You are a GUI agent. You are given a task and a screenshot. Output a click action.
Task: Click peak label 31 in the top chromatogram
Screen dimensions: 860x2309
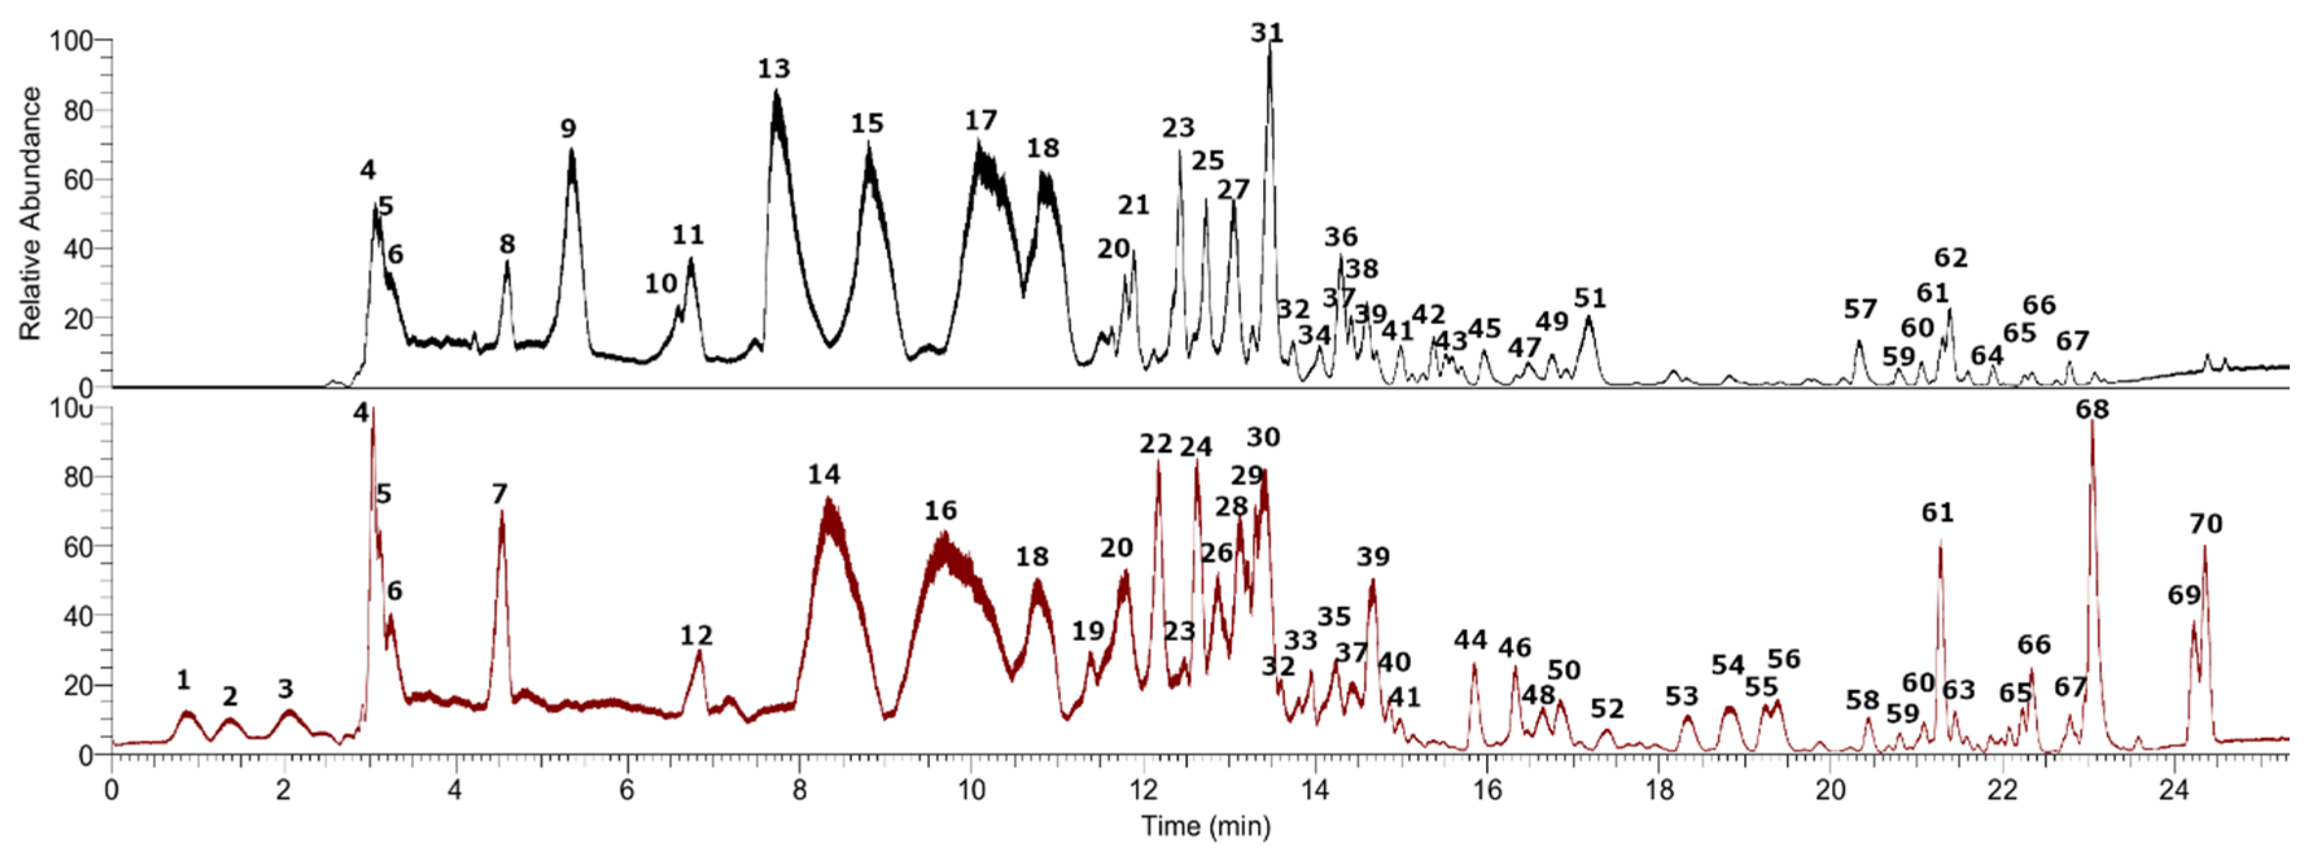(x=1266, y=33)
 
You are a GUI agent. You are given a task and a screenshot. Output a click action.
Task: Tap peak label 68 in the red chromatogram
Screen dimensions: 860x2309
(x=2092, y=410)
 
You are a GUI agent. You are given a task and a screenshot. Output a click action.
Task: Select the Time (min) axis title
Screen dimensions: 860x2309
(x=1205, y=825)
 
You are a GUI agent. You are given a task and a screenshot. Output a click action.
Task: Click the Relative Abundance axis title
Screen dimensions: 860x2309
(x=30, y=213)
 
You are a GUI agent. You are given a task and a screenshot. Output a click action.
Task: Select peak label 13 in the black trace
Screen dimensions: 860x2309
(x=774, y=69)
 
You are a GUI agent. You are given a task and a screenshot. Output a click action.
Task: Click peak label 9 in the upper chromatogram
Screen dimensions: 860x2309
(x=568, y=128)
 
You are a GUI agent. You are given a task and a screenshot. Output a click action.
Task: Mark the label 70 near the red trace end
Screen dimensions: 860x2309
(x=2206, y=523)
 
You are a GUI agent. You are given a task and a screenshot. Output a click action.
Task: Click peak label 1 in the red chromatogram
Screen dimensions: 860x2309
(x=183, y=680)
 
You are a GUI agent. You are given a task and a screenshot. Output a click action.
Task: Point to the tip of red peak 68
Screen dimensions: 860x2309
(x=2091, y=422)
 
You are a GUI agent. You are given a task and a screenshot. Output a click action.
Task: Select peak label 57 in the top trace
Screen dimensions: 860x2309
(x=1860, y=309)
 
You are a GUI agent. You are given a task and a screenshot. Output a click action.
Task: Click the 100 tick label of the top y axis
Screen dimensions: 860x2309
(x=70, y=40)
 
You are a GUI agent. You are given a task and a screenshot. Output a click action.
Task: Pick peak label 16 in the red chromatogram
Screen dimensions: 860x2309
(x=940, y=510)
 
